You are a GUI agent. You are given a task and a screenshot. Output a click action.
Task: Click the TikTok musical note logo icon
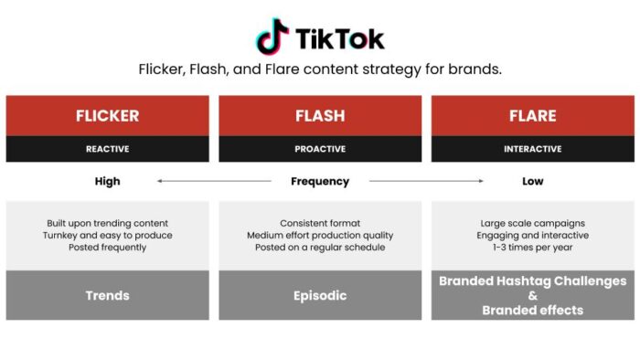click(272, 37)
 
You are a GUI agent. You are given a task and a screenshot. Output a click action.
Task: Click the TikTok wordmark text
click(340, 37)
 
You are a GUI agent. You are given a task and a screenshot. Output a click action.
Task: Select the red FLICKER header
click(107, 116)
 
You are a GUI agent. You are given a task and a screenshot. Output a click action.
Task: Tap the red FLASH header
click(320, 116)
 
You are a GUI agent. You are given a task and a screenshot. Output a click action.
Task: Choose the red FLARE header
click(532, 116)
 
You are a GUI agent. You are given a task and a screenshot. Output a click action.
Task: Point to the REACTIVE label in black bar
click(107, 149)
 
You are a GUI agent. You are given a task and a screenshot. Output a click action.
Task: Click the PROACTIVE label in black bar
click(320, 149)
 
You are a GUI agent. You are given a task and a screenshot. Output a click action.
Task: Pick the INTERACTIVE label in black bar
click(532, 149)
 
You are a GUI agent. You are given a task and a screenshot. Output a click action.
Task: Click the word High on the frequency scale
click(107, 181)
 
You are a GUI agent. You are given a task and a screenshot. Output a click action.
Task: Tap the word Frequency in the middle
click(320, 181)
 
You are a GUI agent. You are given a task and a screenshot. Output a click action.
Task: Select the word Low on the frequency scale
click(532, 181)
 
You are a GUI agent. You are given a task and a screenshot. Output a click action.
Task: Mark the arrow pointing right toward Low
click(426, 181)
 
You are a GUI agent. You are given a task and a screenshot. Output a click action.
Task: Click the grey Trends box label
click(107, 295)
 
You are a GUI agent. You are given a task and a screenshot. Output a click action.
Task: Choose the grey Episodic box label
click(320, 295)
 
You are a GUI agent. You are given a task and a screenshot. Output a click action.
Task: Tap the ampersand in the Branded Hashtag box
click(532, 295)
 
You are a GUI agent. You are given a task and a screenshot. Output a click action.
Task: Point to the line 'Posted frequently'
click(107, 248)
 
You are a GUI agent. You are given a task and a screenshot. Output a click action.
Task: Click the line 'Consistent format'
click(320, 223)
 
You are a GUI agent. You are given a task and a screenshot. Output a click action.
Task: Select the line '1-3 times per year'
click(532, 248)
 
